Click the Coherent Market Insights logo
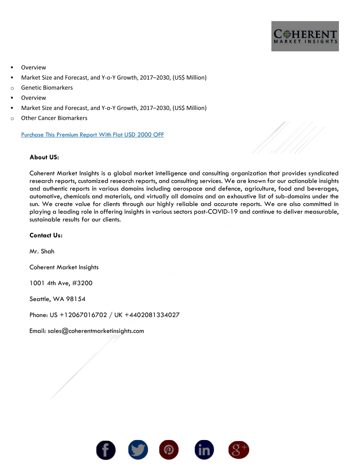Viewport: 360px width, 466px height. tap(305, 36)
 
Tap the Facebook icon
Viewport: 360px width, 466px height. tap(106, 450)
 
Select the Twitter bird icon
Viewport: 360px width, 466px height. tap(138, 449)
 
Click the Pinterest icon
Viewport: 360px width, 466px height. tap(169, 449)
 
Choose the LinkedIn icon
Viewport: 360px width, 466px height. tap(204, 449)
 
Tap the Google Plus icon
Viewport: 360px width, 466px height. tap(239, 449)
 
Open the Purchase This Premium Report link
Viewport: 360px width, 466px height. tap(92, 135)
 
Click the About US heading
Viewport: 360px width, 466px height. tap(44, 157)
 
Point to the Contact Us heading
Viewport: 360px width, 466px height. tap(46, 235)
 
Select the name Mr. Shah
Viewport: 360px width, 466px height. tap(42, 251)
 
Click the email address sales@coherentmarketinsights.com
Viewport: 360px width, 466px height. tap(96, 331)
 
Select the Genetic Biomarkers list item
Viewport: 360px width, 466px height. tap(47, 88)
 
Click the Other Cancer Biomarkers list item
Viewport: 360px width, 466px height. tap(54, 118)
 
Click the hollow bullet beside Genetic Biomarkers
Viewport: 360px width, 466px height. tap(12, 88)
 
